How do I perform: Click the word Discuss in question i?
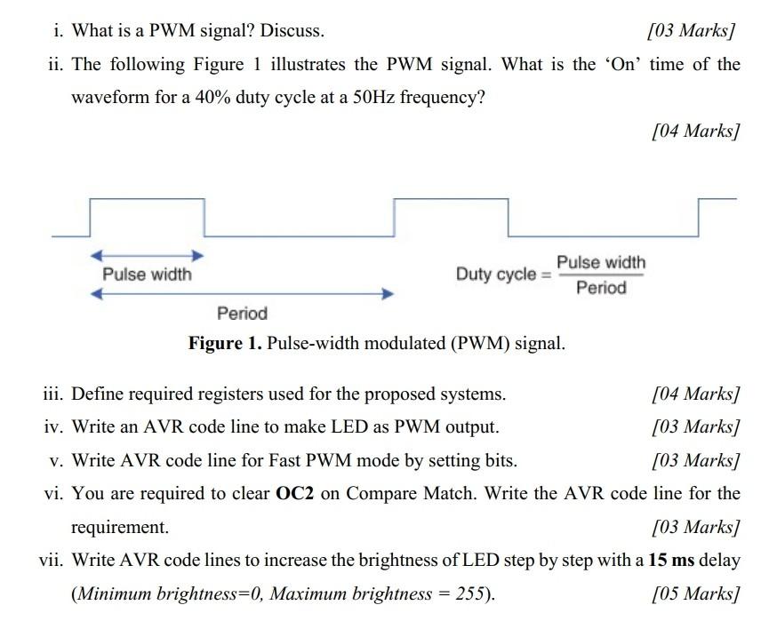tap(292, 31)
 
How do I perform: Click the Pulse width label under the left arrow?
tap(147, 275)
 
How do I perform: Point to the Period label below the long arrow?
tap(242, 313)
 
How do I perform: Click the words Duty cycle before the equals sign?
tap(496, 274)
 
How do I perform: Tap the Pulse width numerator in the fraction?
tap(601, 262)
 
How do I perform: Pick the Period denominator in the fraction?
tap(601, 288)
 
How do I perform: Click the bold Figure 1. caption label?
tap(224, 343)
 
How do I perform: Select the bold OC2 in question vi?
tap(296, 493)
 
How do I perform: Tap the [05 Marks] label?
tap(695, 593)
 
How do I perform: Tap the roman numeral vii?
tap(51, 560)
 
